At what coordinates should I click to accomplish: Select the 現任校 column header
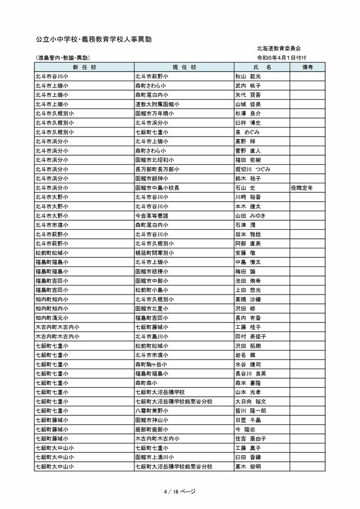point(184,67)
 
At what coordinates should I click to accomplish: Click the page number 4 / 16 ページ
point(180,492)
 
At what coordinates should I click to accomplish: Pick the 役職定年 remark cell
point(304,187)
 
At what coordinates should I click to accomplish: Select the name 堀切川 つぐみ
point(253,169)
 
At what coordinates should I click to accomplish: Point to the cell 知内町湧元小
point(52,318)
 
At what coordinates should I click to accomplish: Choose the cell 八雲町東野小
point(154,410)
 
